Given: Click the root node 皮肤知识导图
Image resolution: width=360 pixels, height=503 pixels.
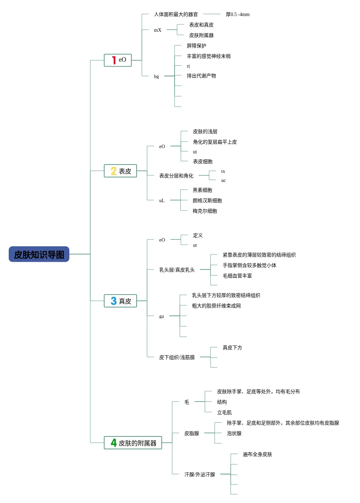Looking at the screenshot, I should tap(39, 254).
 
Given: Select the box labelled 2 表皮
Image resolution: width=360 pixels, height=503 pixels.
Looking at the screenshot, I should tap(120, 171).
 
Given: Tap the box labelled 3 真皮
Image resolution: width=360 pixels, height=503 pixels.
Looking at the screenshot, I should tap(120, 301).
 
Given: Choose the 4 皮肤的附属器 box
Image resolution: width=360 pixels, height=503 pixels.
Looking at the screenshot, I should tap(133, 443).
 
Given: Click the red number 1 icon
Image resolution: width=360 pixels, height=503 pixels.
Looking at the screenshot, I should tap(114, 60).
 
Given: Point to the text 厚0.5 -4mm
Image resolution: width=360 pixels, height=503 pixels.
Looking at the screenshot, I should tap(237, 15).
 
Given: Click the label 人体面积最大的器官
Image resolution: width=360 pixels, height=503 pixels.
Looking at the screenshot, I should tap(176, 15).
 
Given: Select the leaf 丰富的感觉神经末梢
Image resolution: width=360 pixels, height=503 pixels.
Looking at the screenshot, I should tap(208, 56).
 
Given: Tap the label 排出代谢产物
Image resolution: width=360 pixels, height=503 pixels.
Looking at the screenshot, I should tap(201, 76).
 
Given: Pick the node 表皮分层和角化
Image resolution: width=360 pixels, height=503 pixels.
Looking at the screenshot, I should tap(176, 176).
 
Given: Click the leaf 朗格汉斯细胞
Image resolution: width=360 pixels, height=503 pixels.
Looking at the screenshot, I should tap(207, 201).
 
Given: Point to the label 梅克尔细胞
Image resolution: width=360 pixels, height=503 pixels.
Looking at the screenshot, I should tap(205, 211).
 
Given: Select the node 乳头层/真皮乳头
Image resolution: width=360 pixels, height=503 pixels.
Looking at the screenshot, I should tap(177, 270).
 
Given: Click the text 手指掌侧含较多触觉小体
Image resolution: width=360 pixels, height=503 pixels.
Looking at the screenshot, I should tap(249, 266).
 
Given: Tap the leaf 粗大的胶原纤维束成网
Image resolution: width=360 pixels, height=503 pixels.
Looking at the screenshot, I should tap(216, 306).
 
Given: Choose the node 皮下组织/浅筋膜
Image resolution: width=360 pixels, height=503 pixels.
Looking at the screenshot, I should tap(177, 358).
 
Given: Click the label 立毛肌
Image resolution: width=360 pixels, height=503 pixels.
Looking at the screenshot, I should tap(224, 413).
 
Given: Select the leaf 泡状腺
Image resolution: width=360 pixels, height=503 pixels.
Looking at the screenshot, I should tap(234, 434).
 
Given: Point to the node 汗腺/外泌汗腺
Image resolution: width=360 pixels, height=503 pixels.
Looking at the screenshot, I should tap(199, 475).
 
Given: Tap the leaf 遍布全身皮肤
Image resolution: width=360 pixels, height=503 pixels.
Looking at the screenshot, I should tap(257, 455).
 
